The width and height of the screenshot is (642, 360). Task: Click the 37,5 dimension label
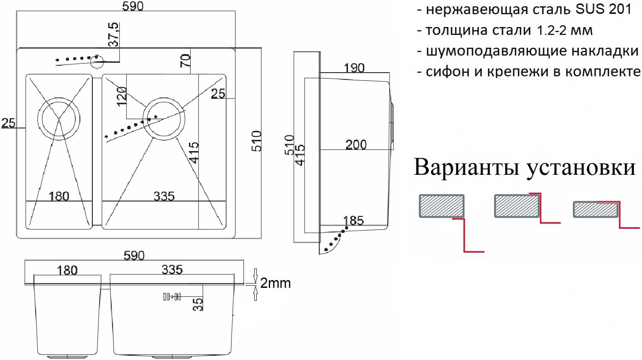coord(113,35)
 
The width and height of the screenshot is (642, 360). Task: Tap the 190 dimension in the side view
coord(354,68)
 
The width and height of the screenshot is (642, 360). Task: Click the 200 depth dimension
coord(356,145)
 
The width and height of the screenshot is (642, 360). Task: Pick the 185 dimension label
coord(353,221)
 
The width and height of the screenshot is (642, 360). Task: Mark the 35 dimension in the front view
coord(198,304)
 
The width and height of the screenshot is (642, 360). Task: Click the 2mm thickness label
coord(275,283)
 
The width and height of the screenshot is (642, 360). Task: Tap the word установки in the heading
coord(580,168)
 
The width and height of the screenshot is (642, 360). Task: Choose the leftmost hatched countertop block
coord(441,206)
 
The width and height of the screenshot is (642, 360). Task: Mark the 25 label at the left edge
coord(9,123)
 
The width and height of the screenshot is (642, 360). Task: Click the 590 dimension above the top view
coord(133,6)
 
